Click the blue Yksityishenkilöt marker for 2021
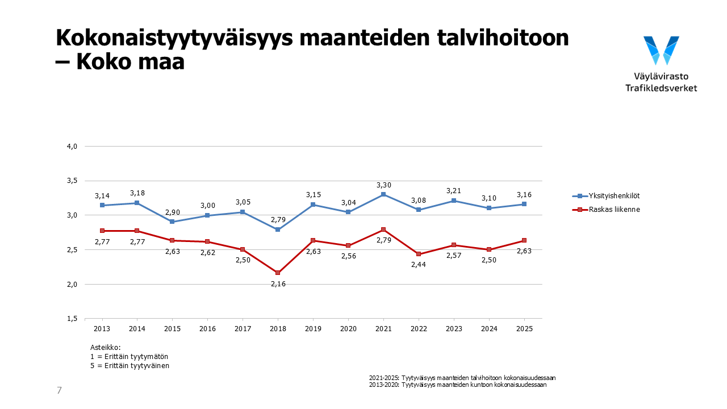click(x=383, y=194)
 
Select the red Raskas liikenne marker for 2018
click(x=278, y=273)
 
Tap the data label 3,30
click(x=383, y=185)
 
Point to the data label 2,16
click(x=278, y=283)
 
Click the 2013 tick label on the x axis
click(x=102, y=329)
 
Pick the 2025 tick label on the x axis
click(x=524, y=329)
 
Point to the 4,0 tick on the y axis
click(x=72, y=147)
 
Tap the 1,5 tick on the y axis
click(x=72, y=319)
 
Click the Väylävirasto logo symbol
click(x=661, y=50)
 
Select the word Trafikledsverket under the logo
click(x=661, y=88)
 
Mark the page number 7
click(x=59, y=390)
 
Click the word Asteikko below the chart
click(x=106, y=347)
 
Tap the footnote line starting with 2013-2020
click(x=457, y=385)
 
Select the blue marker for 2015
click(x=173, y=222)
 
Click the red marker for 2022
click(x=419, y=254)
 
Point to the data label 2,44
click(x=419, y=264)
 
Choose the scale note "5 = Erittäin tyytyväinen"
click(x=129, y=366)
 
